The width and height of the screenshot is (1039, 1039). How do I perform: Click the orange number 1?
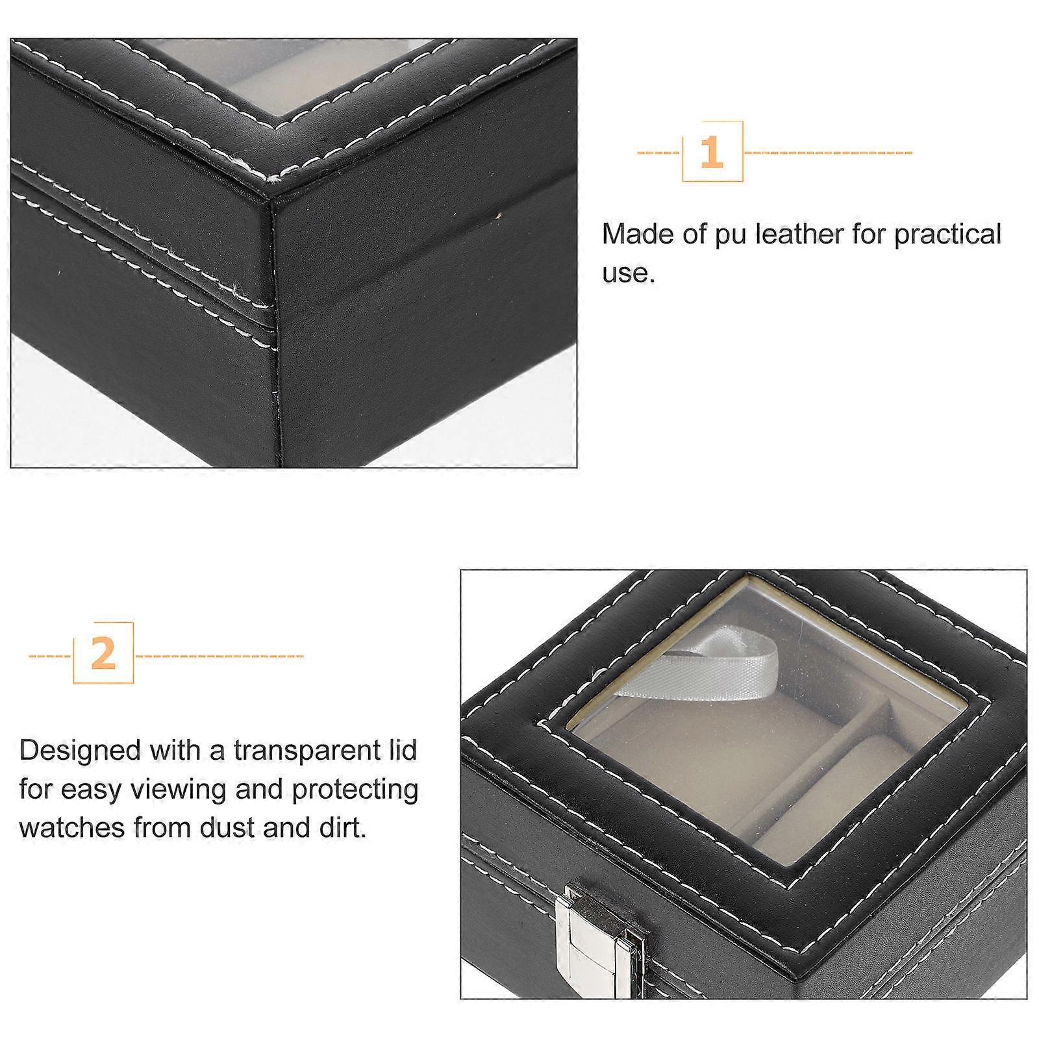click(712, 152)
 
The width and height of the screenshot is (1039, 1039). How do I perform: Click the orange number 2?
click(103, 653)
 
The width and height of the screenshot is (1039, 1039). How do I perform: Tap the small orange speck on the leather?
click(499, 215)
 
